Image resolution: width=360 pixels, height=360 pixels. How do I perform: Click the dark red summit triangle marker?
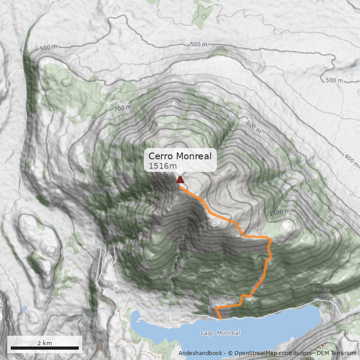pyautogui.click(x=180, y=180)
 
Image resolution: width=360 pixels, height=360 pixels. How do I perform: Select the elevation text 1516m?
pyautogui.click(x=161, y=166)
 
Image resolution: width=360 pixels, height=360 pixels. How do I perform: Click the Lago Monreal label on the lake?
pyautogui.click(x=220, y=333)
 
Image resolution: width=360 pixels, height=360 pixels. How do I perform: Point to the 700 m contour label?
pyautogui.click(x=123, y=108)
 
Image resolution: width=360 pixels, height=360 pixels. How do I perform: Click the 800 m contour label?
pyautogui.click(x=253, y=126)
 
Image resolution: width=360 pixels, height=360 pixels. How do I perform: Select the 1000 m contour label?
pyautogui.click(x=183, y=245)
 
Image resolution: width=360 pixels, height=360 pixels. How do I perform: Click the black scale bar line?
pyautogui.click(x=45, y=348)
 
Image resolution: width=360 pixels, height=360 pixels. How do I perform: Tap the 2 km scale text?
pyautogui.click(x=45, y=343)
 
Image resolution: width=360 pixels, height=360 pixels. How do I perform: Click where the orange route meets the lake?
pyautogui.click(x=220, y=319)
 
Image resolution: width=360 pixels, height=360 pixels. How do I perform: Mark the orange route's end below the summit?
pyautogui.click(x=181, y=188)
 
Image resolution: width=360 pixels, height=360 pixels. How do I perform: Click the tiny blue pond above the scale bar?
pyautogui.click(x=25, y=309)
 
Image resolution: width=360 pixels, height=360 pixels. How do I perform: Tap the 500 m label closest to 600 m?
pyautogui.click(x=334, y=81)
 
